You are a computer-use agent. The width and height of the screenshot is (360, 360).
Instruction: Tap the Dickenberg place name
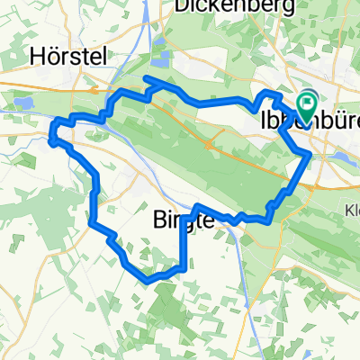pyautogui.click(x=227, y=5)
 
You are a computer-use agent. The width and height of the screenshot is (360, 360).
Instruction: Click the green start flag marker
pyautogui.click(x=306, y=107)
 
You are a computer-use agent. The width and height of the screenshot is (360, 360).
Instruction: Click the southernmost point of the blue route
pyautogui.click(x=146, y=280)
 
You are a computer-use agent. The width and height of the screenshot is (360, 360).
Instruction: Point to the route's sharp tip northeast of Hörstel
pyautogui.click(x=147, y=79)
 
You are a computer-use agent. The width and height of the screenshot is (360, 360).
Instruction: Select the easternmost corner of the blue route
pyautogui.click(x=310, y=155)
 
